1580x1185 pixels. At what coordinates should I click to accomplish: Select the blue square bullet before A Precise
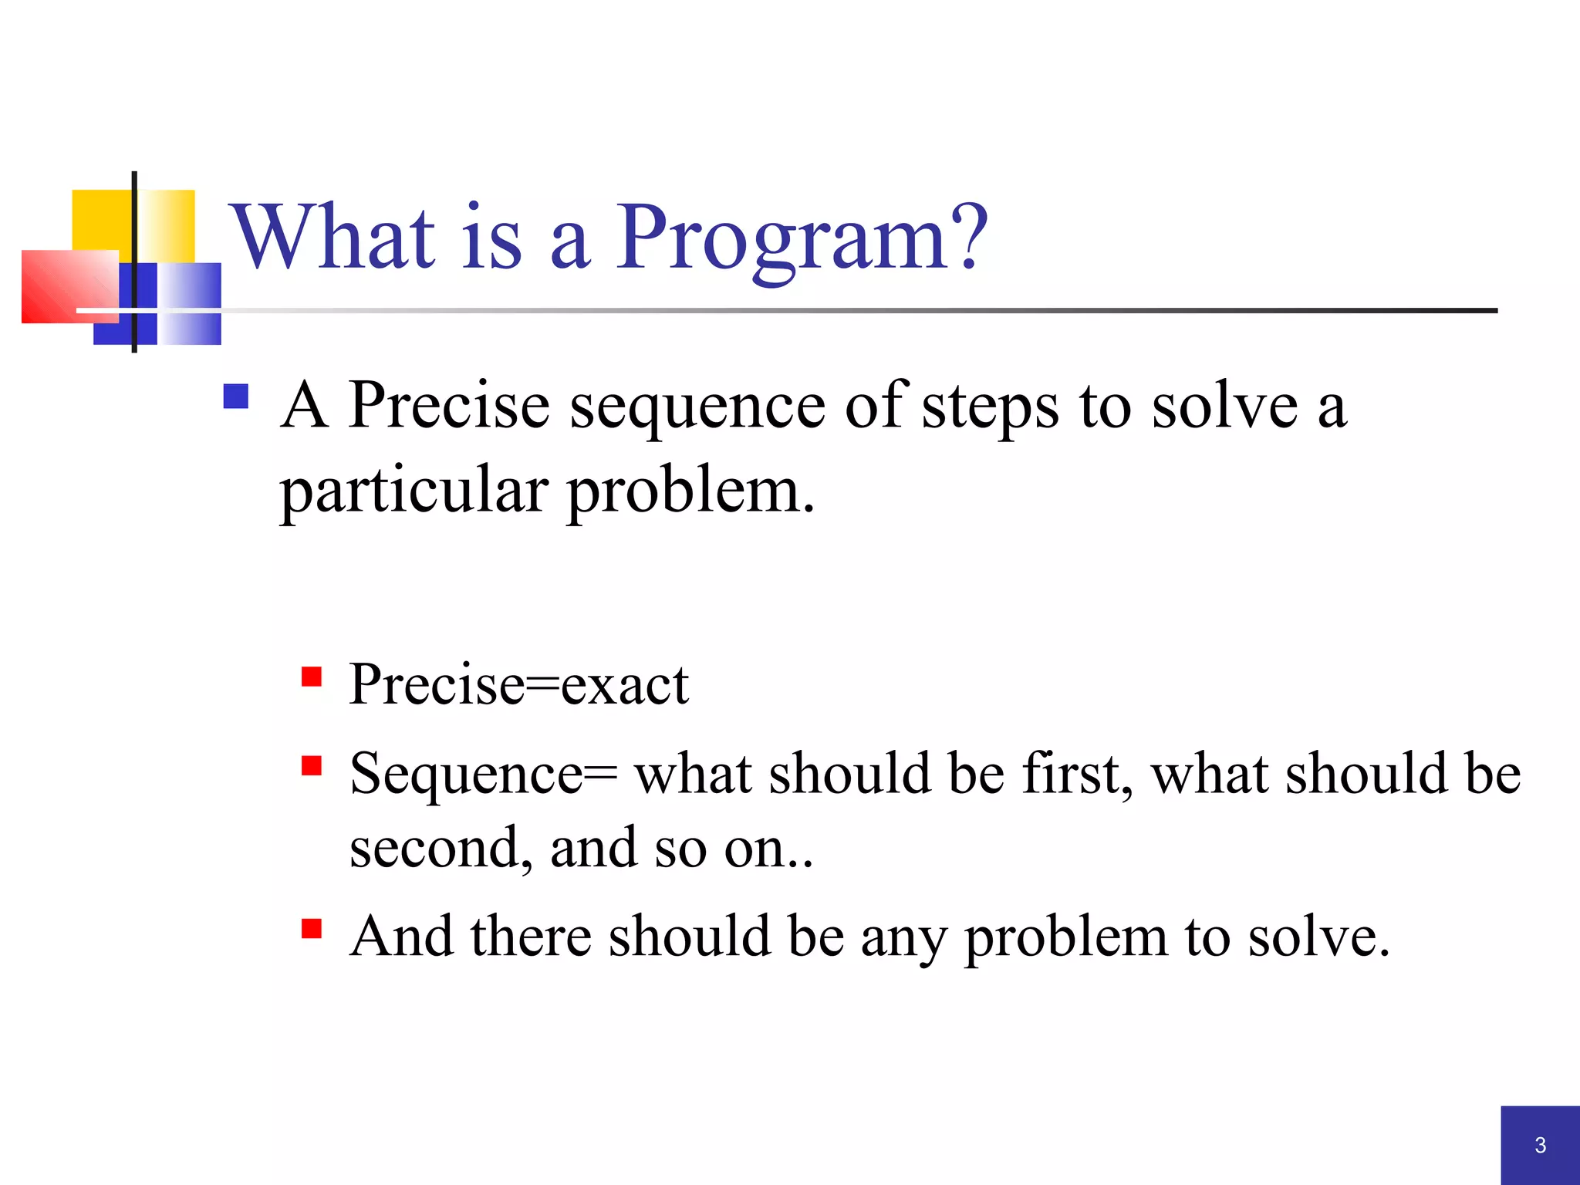tap(236, 397)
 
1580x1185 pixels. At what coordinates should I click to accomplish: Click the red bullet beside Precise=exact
tap(312, 677)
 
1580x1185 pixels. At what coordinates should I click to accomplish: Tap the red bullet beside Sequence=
tap(312, 765)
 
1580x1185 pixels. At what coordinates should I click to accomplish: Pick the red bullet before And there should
tap(312, 927)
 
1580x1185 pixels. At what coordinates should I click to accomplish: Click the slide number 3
tap(1540, 1145)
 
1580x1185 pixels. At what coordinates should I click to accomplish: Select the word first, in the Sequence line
tap(1077, 773)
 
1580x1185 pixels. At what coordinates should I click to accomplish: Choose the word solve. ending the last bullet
tap(1318, 937)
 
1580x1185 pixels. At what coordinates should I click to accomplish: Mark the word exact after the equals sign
tap(624, 685)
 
